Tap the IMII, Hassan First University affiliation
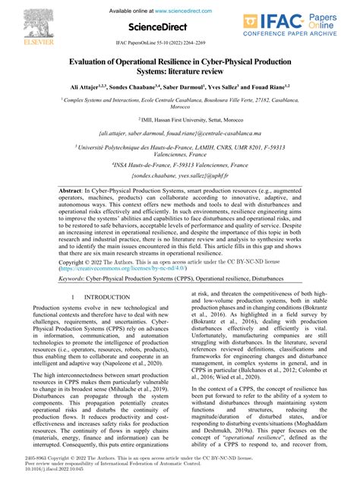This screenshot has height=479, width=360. coord(179,119)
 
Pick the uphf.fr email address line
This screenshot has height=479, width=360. coord(179,176)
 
